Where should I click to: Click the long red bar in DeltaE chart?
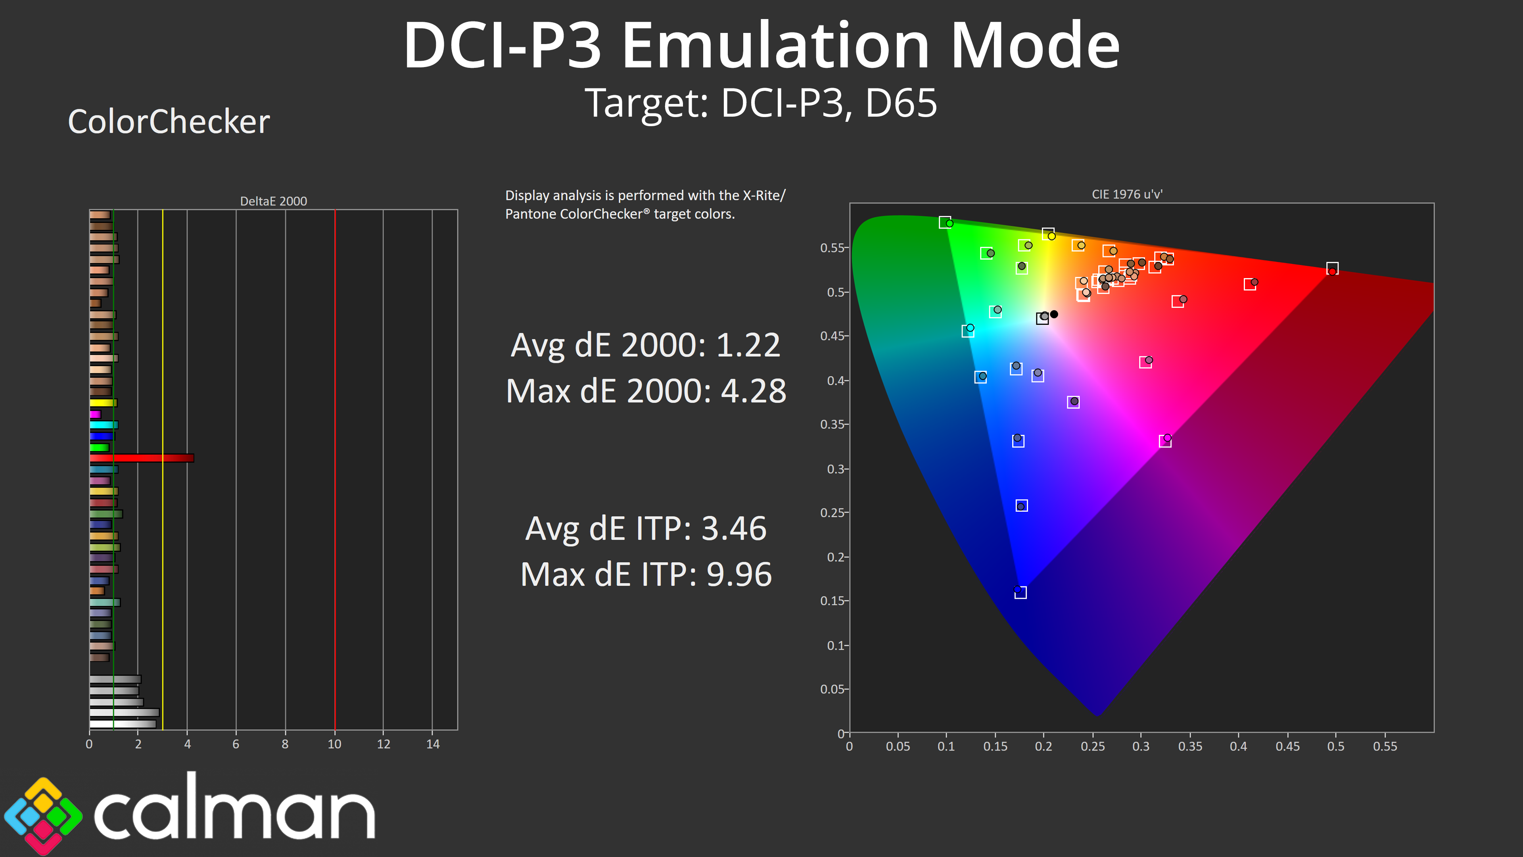pyautogui.click(x=142, y=458)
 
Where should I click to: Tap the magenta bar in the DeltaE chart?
pyautogui.click(x=95, y=414)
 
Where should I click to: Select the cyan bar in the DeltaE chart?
pyautogui.click(x=104, y=425)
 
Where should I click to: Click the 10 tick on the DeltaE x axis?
pyautogui.click(x=334, y=744)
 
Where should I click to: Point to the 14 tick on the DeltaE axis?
pyautogui.click(x=433, y=744)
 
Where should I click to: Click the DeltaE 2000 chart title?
pyautogui.click(x=273, y=201)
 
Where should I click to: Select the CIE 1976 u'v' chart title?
pyautogui.click(x=1127, y=194)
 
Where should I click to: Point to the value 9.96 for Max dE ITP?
pyautogui.click(x=739, y=574)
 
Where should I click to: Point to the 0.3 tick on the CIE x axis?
pyautogui.click(x=1141, y=746)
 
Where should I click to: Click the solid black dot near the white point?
pyautogui.click(x=1053, y=314)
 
